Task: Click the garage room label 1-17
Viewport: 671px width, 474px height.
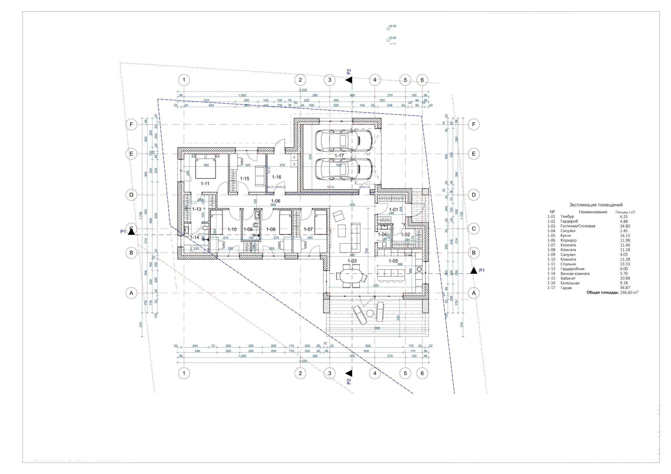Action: point(339,156)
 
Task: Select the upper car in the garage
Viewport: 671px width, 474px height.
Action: point(344,140)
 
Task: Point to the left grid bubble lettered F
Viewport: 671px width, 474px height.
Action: point(131,124)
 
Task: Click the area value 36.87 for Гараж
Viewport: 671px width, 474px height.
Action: point(625,288)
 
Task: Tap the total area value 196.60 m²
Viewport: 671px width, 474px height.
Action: point(629,292)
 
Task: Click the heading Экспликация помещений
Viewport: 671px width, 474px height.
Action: point(596,205)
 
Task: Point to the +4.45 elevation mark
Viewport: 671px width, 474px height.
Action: point(392,26)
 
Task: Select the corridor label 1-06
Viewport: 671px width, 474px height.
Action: point(275,201)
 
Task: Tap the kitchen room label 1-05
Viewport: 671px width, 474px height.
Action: point(393,261)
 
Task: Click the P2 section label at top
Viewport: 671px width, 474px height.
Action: point(349,72)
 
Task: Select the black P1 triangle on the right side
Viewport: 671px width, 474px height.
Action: point(473,271)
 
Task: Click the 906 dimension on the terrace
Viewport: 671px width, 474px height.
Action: point(377,328)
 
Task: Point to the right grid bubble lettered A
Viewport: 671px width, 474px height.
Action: point(474,293)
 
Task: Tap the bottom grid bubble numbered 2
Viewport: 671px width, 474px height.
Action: point(300,373)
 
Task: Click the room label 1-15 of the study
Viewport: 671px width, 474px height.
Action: point(245,178)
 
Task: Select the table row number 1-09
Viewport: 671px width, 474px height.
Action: point(551,254)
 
